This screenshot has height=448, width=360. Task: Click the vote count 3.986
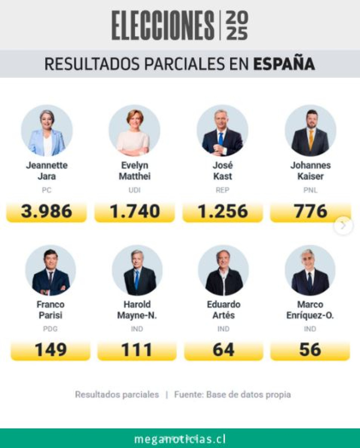[47, 212]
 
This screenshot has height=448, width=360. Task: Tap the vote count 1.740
[135, 212]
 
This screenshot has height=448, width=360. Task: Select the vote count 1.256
[223, 212]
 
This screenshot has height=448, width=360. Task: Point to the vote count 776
[310, 212]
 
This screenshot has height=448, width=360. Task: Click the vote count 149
[50, 350]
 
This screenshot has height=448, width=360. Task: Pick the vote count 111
[137, 350]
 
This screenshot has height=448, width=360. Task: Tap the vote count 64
[223, 350]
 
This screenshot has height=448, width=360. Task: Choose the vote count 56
[310, 350]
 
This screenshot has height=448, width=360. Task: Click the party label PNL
[310, 190]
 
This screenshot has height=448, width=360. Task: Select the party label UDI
[135, 190]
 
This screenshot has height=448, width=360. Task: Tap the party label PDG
[50, 329]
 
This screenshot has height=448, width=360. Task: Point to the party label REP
[223, 190]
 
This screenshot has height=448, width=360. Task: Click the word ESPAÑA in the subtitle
[284, 64]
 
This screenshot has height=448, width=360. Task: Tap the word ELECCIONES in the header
[163, 26]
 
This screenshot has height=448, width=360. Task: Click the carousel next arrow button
[343, 225]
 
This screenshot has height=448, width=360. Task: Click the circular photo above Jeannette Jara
[47, 131]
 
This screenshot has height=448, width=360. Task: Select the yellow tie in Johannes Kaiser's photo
[311, 139]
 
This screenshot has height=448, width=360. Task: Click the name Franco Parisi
[50, 309]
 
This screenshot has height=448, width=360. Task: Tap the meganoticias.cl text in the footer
[180, 439]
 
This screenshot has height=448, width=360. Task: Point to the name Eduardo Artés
[223, 309]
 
